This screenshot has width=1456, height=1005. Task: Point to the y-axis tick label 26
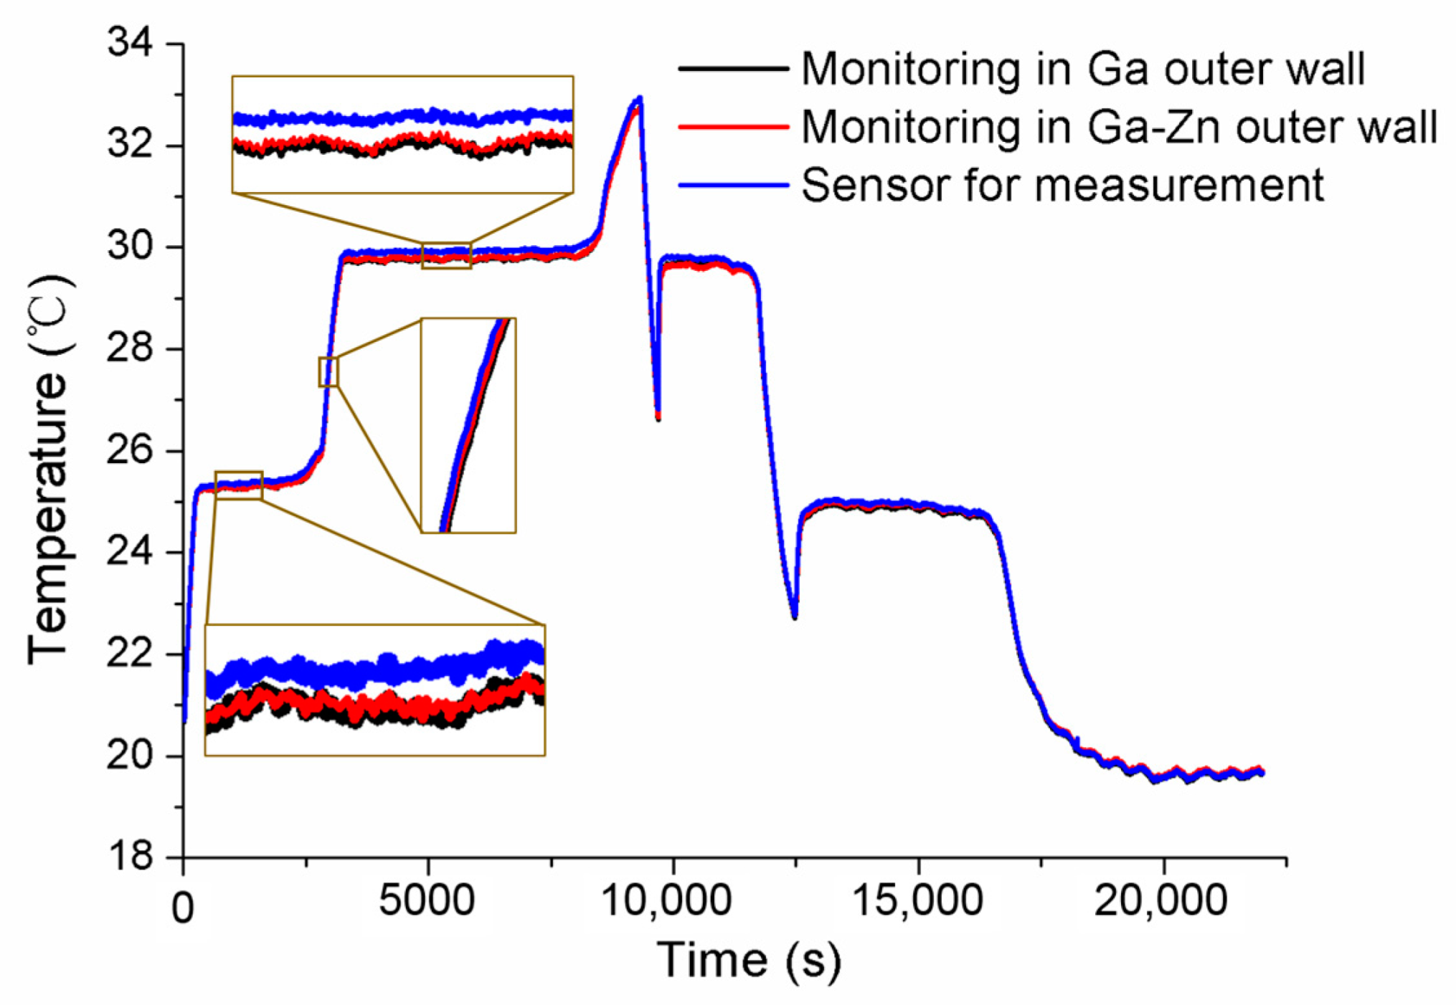point(130,451)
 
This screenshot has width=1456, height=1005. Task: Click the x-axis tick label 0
point(183,908)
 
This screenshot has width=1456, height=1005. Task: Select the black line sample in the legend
point(733,69)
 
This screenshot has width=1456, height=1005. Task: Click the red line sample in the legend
point(733,127)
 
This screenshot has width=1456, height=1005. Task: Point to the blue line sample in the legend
point(733,185)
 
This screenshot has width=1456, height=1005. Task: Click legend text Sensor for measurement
point(1062,185)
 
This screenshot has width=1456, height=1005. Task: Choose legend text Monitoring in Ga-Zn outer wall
point(1119,127)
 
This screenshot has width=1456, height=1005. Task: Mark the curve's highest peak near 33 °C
point(638,98)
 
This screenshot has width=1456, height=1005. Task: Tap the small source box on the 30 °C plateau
point(446,255)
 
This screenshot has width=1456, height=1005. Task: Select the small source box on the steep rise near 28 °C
point(328,371)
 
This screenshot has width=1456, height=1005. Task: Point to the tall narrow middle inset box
point(468,425)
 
